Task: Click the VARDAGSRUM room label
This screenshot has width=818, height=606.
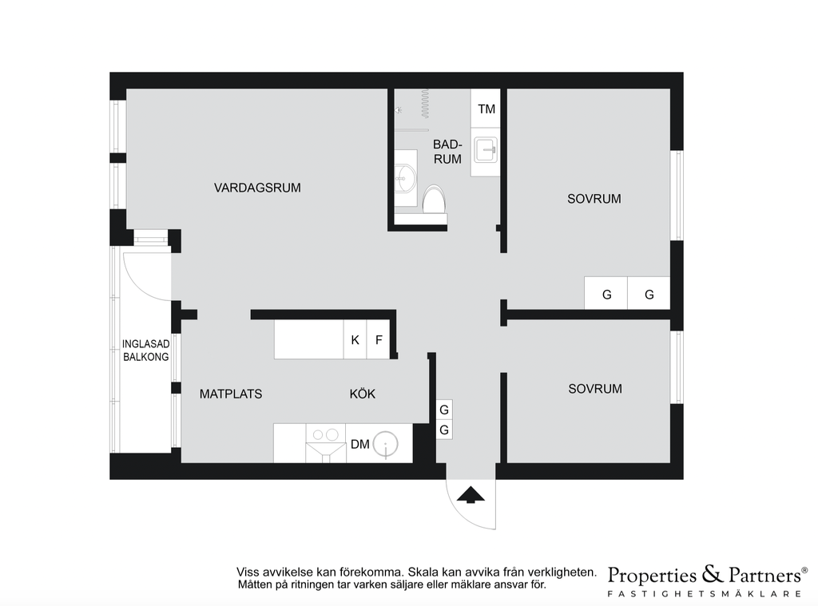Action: coord(257,188)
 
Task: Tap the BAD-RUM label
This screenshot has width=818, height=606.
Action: coord(447,152)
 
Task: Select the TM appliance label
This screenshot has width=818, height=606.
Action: coord(486,109)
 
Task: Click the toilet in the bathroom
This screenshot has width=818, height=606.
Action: coord(434,200)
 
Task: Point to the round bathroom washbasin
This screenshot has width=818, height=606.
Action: coord(405,178)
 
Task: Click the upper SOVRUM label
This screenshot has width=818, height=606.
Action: coord(594,199)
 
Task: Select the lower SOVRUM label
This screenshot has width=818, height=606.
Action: coord(595,389)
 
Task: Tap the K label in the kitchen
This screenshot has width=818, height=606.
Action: coord(355,340)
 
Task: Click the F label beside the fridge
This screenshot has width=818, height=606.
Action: coord(379,340)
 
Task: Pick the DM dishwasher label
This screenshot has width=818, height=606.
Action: coord(360,445)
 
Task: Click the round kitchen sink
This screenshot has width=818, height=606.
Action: coord(386,445)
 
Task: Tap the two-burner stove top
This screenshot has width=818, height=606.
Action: coord(325,434)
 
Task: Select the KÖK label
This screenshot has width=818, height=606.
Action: coord(363,394)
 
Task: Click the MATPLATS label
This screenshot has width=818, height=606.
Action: coord(231,394)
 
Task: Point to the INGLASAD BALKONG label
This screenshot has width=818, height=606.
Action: coord(145,351)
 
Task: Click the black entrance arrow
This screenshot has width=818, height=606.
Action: coord(471,495)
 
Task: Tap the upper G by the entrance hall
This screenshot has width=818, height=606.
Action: coord(444,410)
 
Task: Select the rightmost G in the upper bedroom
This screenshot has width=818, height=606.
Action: coord(649,295)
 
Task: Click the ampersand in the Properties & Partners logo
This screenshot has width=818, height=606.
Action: coord(713,574)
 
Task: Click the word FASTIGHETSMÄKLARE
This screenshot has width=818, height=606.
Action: coord(705,593)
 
